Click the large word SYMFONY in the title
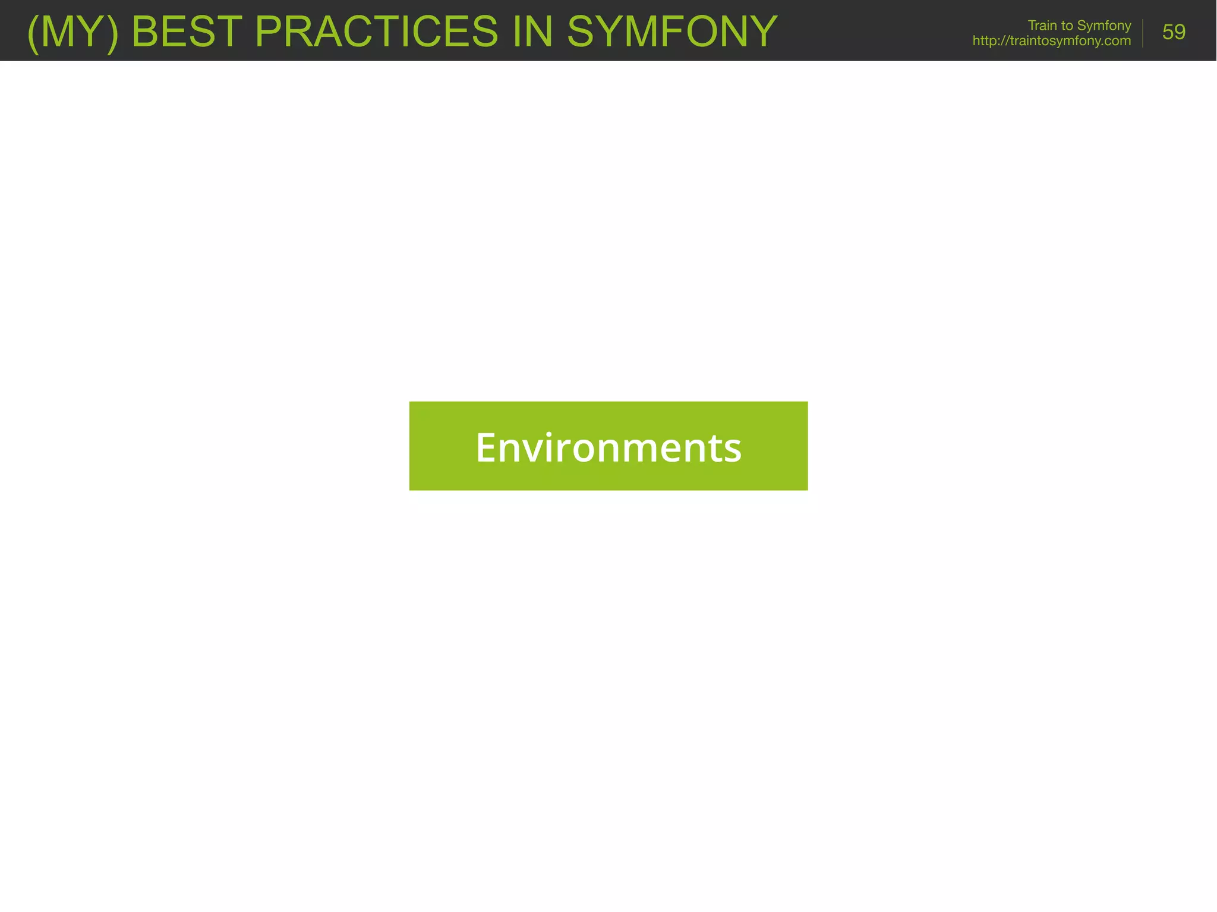672,31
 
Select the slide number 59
1174,32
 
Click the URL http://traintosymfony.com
1051,41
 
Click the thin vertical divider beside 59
1143,33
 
